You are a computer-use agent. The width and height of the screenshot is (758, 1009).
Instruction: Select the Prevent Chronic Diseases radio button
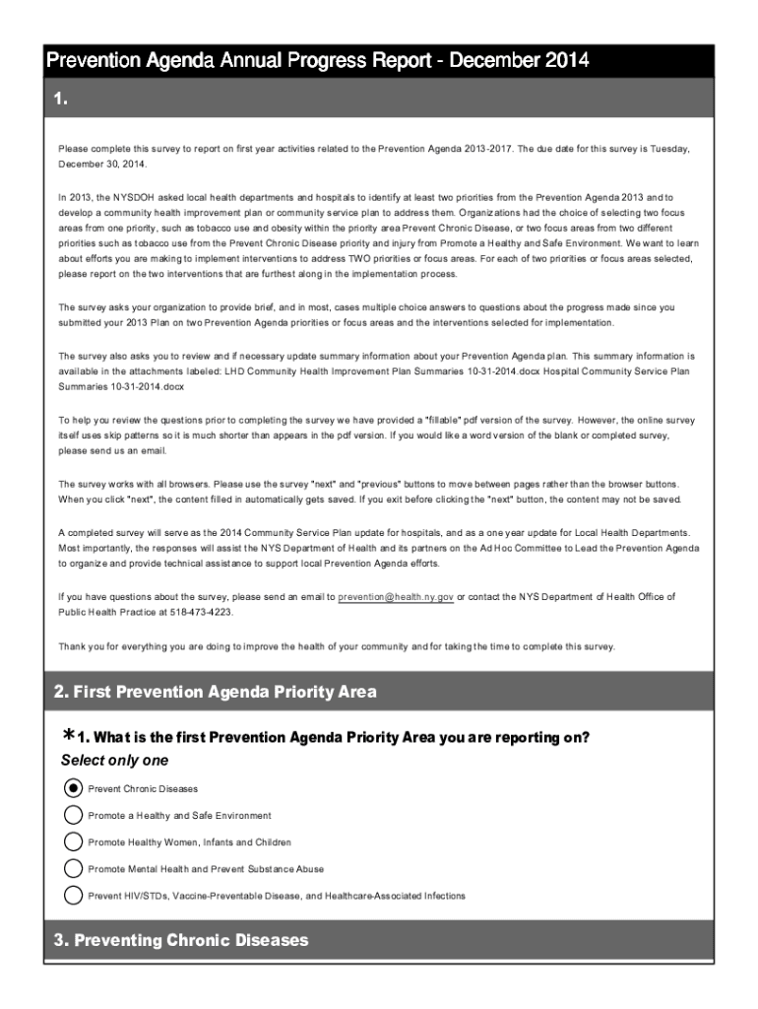[73, 788]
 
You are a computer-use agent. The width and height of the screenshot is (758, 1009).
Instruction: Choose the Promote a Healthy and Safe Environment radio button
[73, 815]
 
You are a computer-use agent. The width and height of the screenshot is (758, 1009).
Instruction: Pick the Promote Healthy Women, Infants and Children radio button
[73, 841]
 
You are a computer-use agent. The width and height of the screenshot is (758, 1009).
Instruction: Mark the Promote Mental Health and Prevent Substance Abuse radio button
[73, 868]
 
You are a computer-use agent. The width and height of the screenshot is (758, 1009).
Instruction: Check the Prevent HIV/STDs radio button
[73, 895]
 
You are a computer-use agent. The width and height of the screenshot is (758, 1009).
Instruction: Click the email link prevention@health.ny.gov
[395, 597]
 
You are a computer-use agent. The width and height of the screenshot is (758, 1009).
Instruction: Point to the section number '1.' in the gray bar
[61, 99]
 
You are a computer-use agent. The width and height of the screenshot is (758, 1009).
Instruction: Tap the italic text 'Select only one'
[114, 760]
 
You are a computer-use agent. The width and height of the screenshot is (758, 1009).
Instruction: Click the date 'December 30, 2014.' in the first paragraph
[101, 163]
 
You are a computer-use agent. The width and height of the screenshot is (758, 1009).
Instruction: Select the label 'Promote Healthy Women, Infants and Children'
[189, 842]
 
